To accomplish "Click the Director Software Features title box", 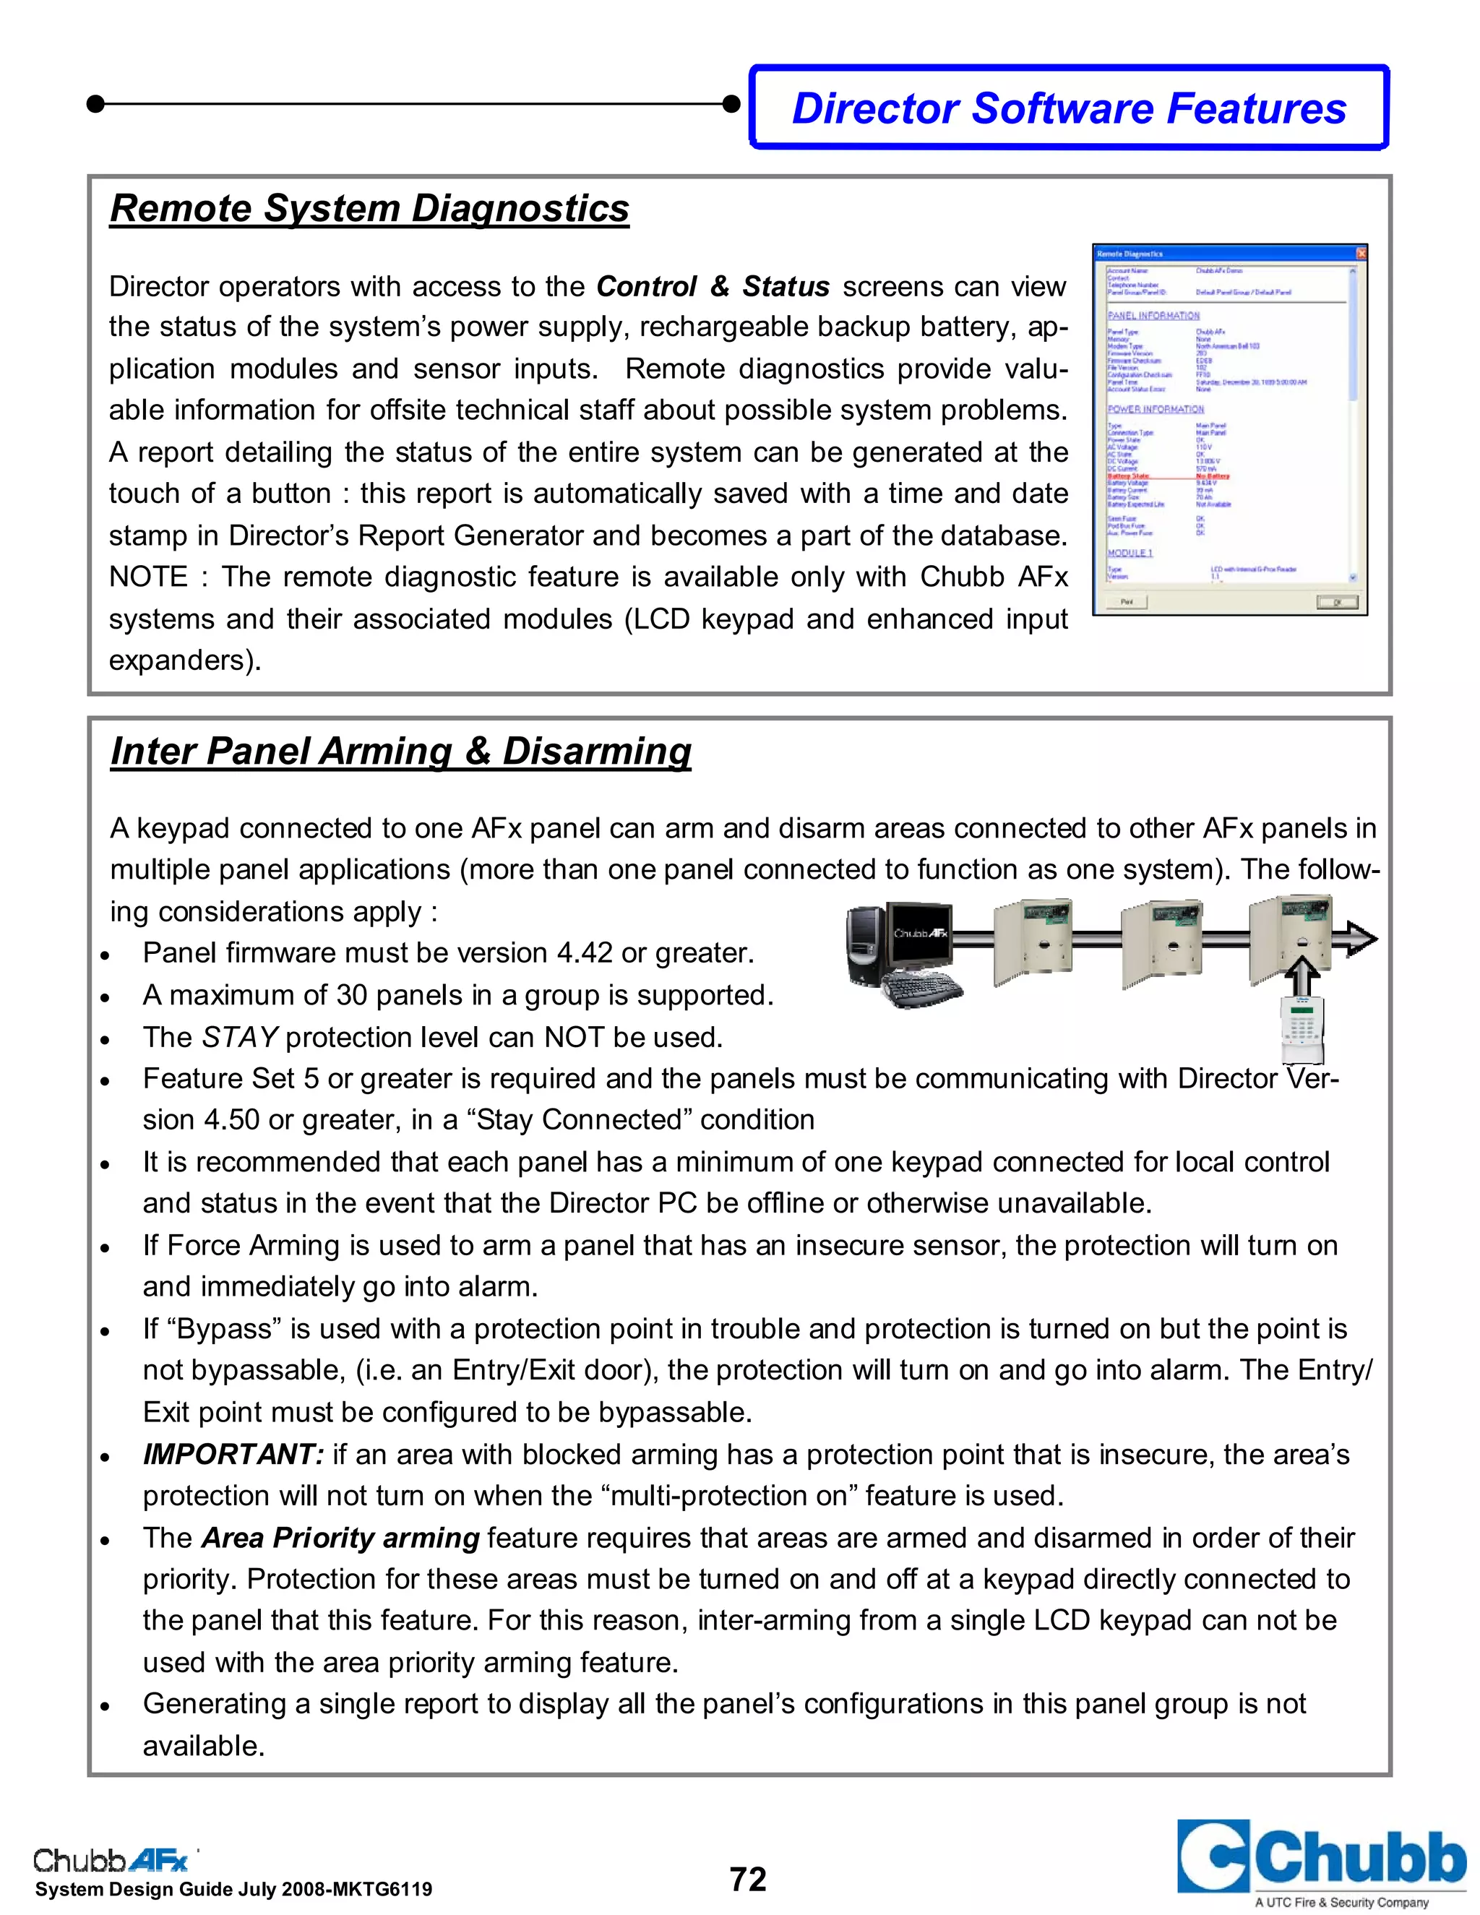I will (x=1069, y=108).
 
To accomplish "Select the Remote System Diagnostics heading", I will (x=369, y=209).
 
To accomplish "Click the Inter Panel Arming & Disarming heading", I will (x=400, y=752).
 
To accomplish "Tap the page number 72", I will (x=748, y=1879).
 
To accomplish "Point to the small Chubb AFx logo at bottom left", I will (x=111, y=1859).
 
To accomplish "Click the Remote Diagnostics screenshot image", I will (x=1229, y=430).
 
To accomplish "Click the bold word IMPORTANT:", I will (x=233, y=1454).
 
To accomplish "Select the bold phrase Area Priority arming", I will (x=340, y=1537).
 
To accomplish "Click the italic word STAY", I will (x=239, y=1037).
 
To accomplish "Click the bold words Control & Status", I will (x=712, y=287).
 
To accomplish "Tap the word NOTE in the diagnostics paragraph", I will (x=147, y=577).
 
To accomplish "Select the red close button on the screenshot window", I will (x=1361, y=254).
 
